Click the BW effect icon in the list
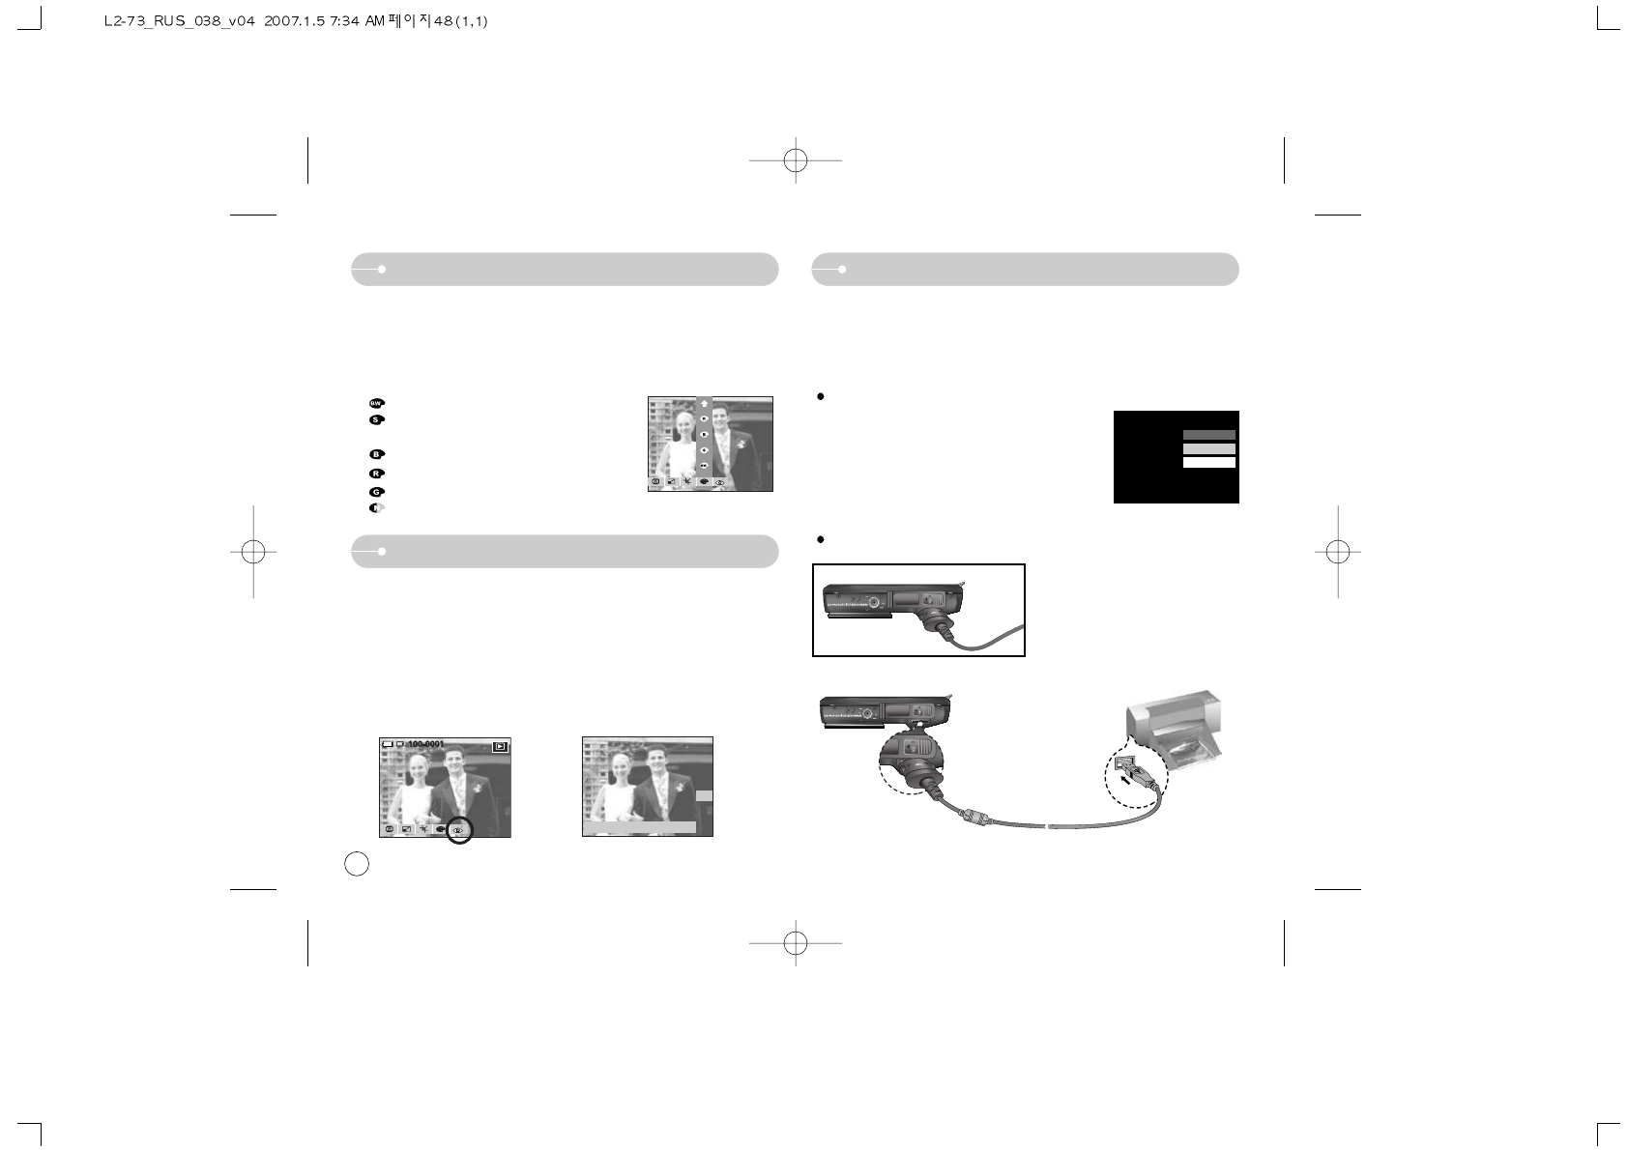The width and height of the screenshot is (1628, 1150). click(x=376, y=403)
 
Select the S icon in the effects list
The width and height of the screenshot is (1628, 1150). click(x=376, y=420)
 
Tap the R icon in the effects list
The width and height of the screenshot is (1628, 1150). click(x=376, y=474)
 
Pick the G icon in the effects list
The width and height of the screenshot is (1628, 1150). click(x=376, y=492)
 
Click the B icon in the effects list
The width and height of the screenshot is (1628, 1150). click(x=376, y=454)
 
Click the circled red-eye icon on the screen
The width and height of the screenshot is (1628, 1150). click(x=459, y=829)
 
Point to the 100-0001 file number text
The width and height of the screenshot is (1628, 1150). click(x=425, y=744)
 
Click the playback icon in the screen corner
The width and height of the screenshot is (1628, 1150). click(x=499, y=746)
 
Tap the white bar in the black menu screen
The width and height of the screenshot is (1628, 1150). click(x=1208, y=463)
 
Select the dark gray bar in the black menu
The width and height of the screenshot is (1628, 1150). click(x=1208, y=435)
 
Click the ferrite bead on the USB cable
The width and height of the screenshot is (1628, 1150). click(x=974, y=818)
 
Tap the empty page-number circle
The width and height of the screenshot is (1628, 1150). click(x=357, y=863)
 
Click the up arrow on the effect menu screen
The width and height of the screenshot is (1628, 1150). click(x=704, y=404)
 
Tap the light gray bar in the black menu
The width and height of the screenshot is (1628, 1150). click(x=1208, y=449)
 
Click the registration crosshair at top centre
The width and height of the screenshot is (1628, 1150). click(x=795, y=160)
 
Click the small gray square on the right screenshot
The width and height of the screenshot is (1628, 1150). click(x=704, y=795)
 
